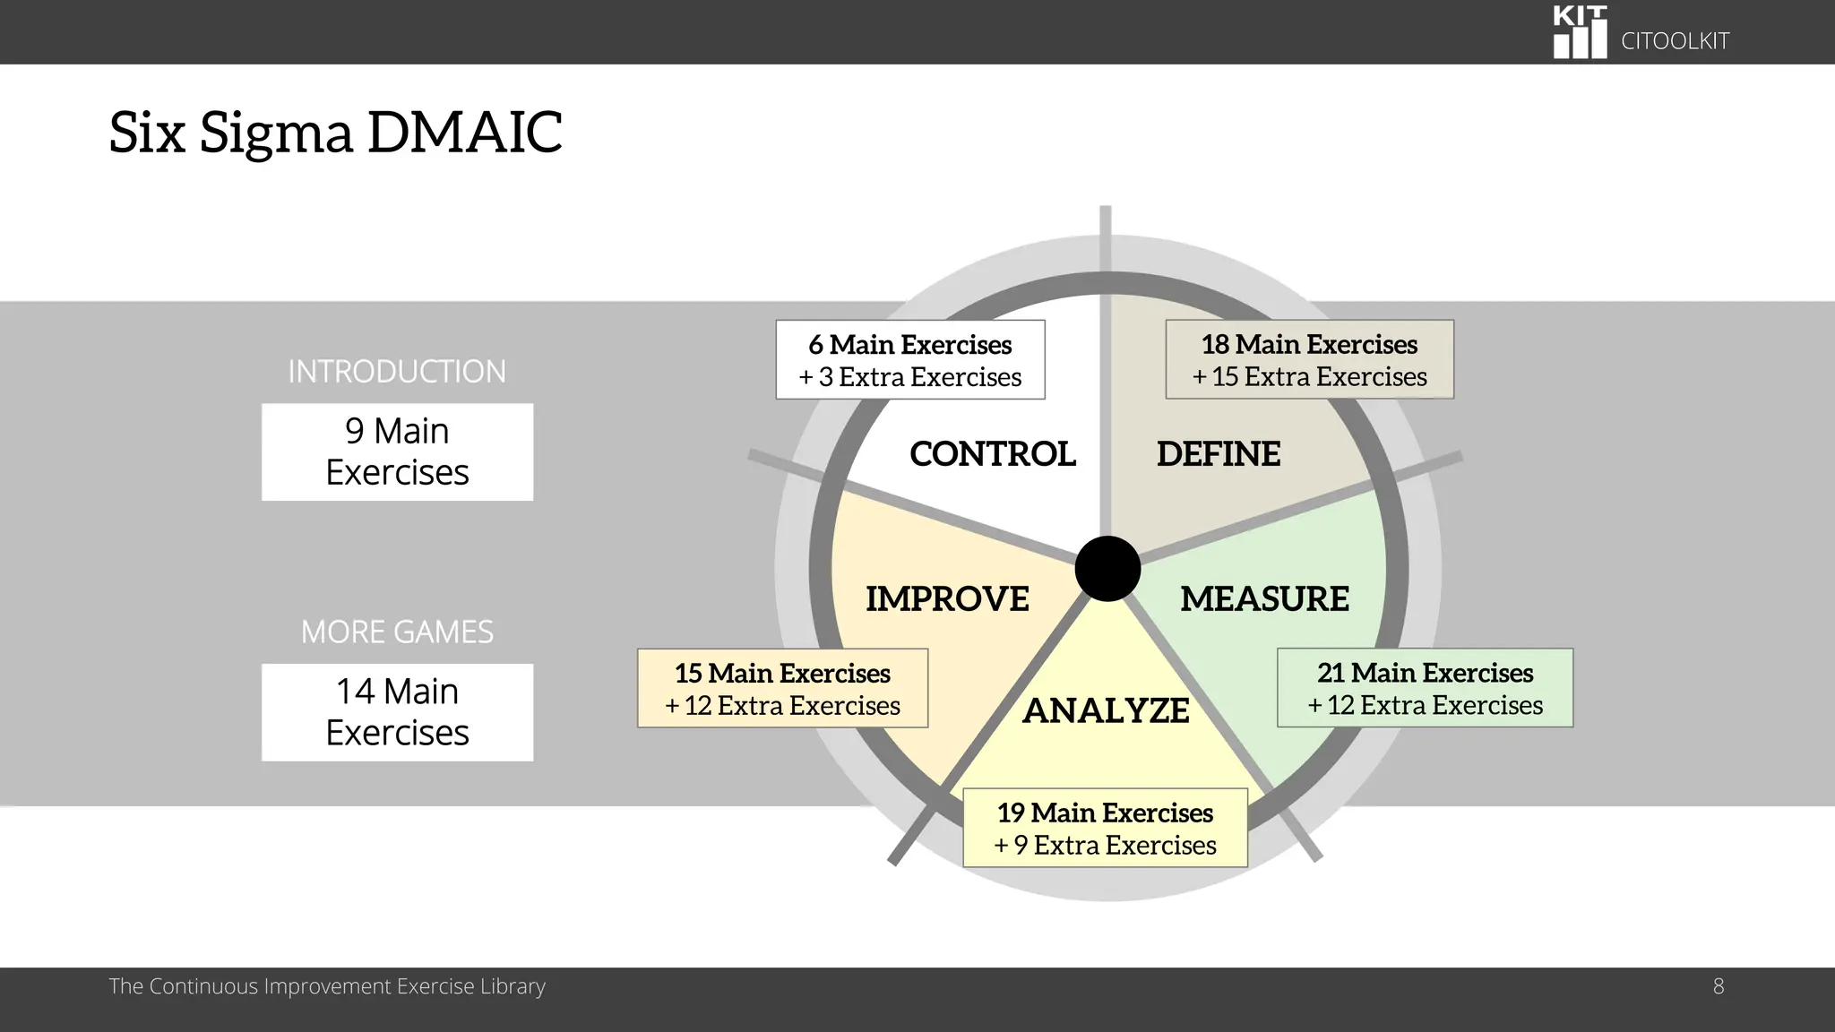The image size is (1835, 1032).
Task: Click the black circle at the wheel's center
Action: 1107,569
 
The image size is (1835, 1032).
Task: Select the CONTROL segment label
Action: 992,454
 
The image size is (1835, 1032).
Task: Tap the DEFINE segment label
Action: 1218,454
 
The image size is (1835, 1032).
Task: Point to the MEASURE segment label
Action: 1263,598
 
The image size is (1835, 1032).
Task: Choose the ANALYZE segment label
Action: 1106,710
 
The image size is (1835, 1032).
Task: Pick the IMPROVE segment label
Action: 947,598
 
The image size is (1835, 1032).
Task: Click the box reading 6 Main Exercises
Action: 909,359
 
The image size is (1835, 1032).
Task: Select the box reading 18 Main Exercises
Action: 1309,359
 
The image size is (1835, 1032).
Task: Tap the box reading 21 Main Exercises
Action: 1425,688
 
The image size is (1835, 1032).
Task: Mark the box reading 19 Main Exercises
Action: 1105,828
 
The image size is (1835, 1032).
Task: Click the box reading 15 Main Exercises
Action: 782,688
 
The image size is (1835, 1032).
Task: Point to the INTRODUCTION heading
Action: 397,372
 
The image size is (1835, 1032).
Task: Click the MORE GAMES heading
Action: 397,632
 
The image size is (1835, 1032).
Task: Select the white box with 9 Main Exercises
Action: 397,451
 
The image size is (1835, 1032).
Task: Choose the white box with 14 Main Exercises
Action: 397,712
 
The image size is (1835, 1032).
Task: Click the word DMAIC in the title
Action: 464,133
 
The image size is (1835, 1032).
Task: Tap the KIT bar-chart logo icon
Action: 1579,33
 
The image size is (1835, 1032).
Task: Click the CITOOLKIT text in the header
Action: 1675,41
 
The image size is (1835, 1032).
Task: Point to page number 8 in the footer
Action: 1718,986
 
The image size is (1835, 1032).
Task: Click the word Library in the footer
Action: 513,986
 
